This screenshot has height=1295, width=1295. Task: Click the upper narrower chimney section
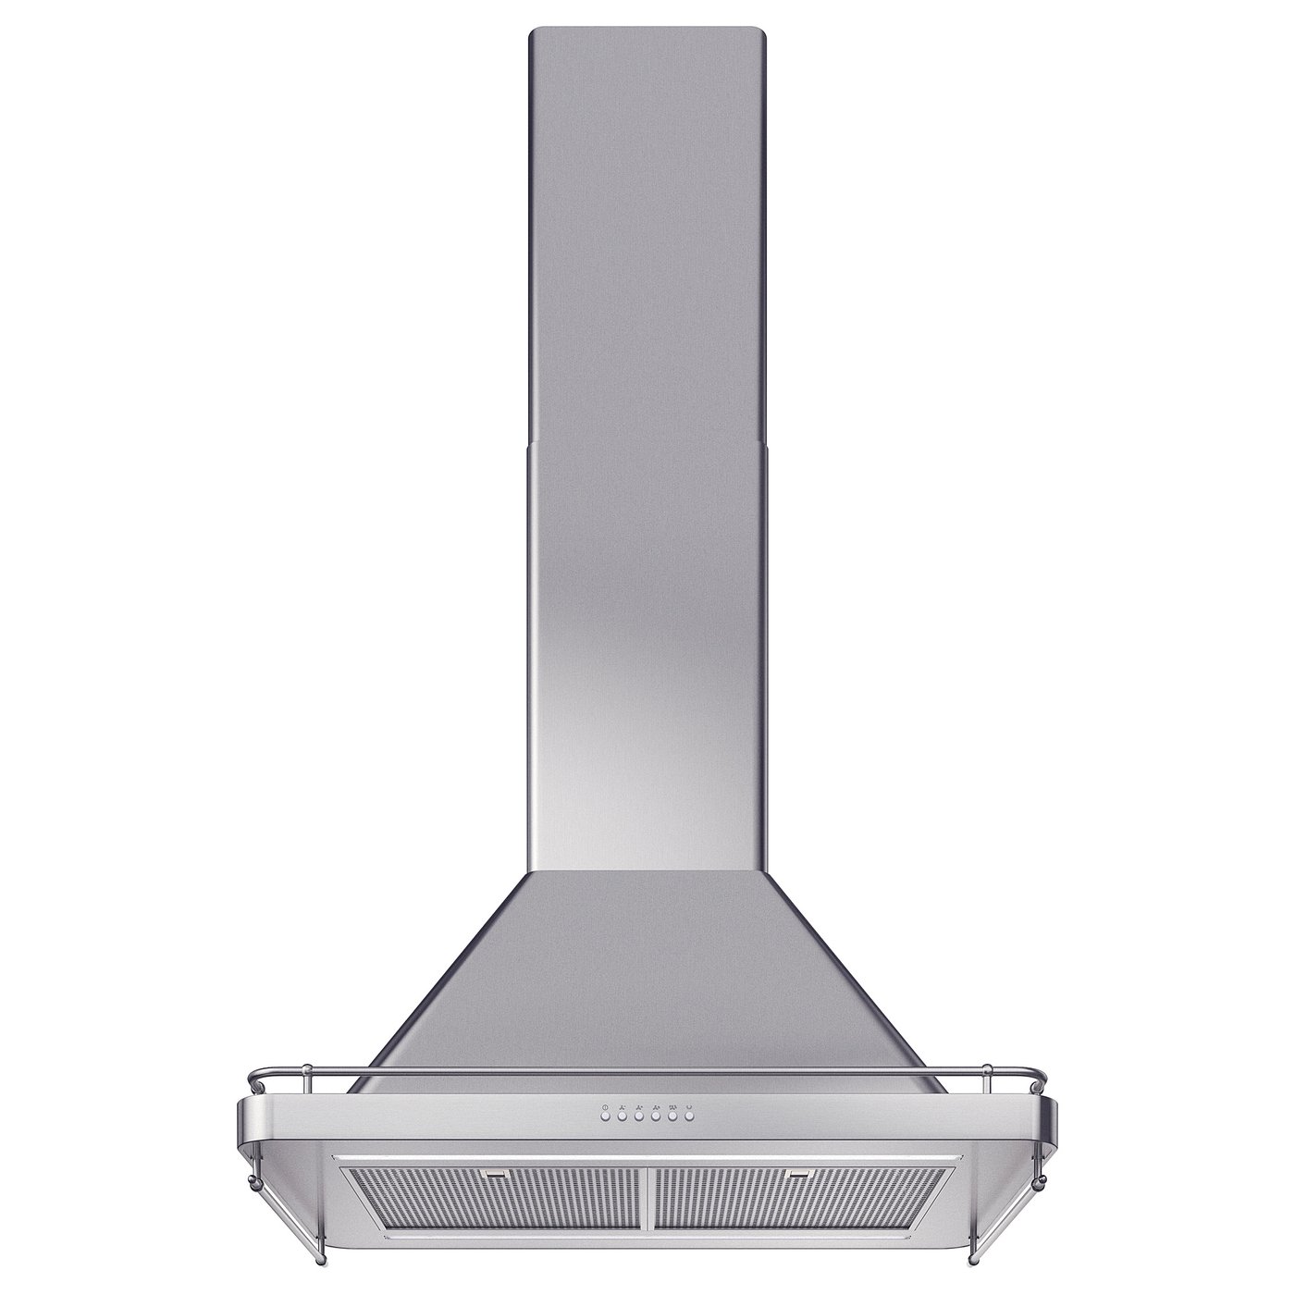tap(647, 231)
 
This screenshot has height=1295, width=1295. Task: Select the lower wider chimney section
tap(647, 647)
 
